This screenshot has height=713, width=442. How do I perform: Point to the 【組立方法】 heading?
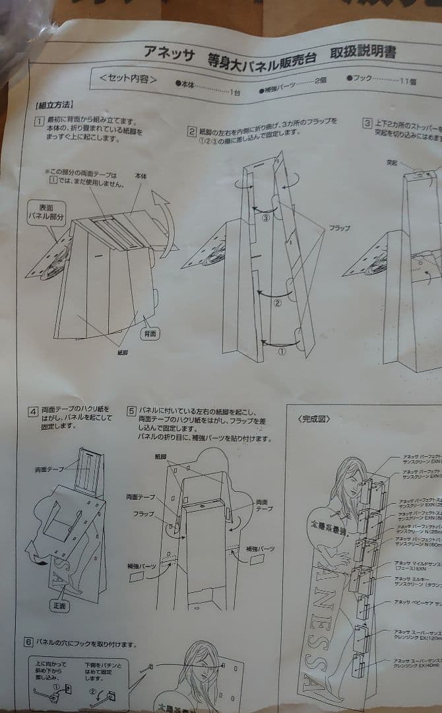pos(54,105)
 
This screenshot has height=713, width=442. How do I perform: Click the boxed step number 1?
pos(40,121)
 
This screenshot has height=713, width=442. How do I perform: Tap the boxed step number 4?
pos(32,411)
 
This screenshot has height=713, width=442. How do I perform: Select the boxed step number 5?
pos(131,411)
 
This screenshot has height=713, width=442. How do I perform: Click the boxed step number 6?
pos(28,642)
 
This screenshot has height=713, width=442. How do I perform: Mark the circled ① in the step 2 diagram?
pos(282,352)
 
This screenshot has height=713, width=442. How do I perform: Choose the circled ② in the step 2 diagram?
pos(277,304)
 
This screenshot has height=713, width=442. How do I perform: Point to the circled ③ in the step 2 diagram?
pos(265,219)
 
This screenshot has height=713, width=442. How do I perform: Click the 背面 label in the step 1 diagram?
pos(150,335)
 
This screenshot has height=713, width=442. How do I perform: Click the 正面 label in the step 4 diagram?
pos(61,605)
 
